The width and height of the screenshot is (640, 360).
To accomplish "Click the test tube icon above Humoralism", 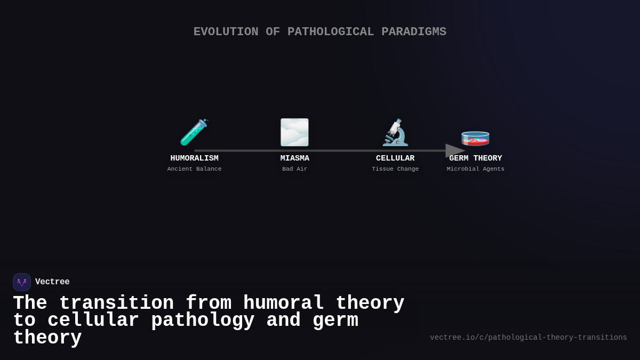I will pyautogui.click(x=194, y=132).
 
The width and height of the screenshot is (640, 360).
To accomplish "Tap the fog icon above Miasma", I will pyautogui.click(x=294, y=132).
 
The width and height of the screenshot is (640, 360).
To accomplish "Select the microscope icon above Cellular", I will pyautogui.click(x=395, y=132).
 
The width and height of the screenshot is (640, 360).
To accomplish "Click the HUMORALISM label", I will pyautogui.click(x=194, y=158).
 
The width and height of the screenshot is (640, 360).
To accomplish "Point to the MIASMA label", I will pyautogui.click(x=295, y=158).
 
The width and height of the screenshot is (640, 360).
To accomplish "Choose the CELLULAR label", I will pyautogui.click(x=395, y=158).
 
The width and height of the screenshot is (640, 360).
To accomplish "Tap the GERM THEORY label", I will pyautogui.click(x=476, y=158).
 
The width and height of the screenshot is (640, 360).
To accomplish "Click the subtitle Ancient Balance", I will pyautogui.click(x=194, y=169).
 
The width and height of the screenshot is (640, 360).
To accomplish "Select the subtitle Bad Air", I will pyautogui.click(x=295, y=169).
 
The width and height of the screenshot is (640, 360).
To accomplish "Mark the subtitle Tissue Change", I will pyautogui.click(x=395, y=169).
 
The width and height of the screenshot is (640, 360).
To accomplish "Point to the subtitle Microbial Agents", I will pyautogui.click(x=476, y=169).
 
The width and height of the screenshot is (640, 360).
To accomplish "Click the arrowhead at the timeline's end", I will pyautogui.click(x=454, y=150).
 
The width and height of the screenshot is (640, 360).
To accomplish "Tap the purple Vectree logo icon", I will pyautogui.click(x=22, y=282).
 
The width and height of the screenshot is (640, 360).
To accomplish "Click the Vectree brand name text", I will pyautogui.click(x=52, y=282).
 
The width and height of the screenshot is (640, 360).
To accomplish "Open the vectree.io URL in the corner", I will pyautogui.click(x=529, y=338).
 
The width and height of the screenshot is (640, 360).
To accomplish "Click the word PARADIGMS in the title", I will pyautogui.click(x=414, y=32).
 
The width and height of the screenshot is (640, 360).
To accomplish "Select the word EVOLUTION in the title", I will pyautogui.click(x=226, y=32).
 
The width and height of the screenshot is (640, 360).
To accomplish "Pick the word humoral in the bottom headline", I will pyautogui.click(x=284, y=303).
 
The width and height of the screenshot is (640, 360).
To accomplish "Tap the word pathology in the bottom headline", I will pyautogui.click(x=203, y=321).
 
